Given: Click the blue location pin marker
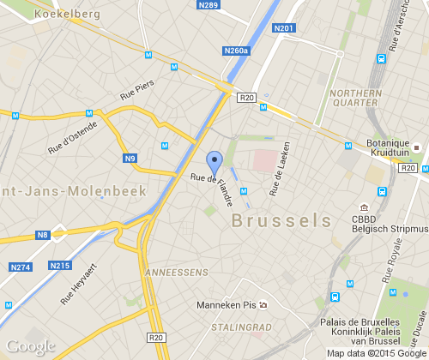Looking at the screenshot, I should [214, 161].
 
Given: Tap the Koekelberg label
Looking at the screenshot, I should [68, 15].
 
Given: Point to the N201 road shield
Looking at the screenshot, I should [283, 29].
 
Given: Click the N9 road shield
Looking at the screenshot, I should [130, 158].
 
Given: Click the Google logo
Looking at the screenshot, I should [29, 347].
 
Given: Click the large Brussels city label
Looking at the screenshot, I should [281, 219].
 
